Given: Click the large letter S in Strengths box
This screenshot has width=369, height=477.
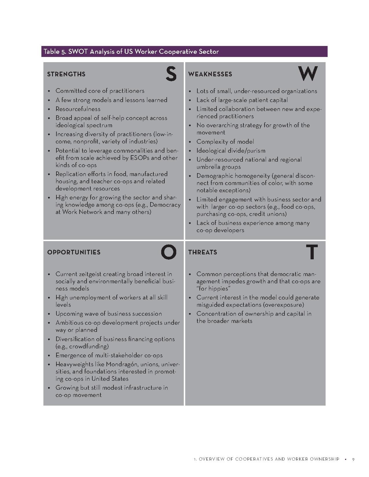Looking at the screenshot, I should [x=171, y=74].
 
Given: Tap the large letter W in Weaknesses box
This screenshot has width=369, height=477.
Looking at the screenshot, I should [x=308, y=74].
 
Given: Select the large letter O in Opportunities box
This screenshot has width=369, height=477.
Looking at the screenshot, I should [x=169, y=252].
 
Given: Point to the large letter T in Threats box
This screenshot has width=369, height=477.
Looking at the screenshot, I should [x=312, y=252].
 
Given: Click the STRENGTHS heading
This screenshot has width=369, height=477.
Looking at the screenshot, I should [x=66, y=74].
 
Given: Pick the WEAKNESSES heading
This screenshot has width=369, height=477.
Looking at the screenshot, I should [x=210, y=74].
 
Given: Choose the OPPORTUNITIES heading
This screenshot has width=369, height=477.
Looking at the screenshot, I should [x=74, y=252].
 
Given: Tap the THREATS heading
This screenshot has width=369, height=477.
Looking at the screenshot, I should [x=203, y=252].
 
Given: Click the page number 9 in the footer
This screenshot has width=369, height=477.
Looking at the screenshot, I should [x=353, y=459].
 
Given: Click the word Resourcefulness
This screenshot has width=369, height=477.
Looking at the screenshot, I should [x=78, y=109].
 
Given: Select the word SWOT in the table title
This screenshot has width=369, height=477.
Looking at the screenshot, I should [x=78, y=52].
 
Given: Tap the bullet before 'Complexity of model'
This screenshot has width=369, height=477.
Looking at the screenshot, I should [x=190, y=142].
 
